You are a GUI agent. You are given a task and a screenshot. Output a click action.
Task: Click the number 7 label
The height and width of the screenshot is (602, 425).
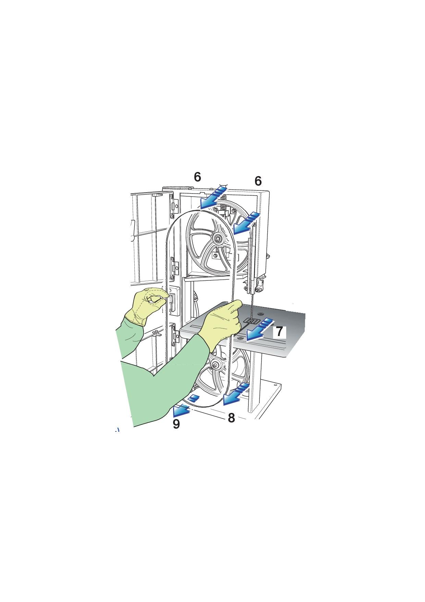click(279, 332)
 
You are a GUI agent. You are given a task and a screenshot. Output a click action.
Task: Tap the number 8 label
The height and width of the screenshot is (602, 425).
click(231, 418)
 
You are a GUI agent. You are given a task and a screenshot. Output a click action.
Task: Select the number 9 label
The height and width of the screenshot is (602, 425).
click(176, 424)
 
